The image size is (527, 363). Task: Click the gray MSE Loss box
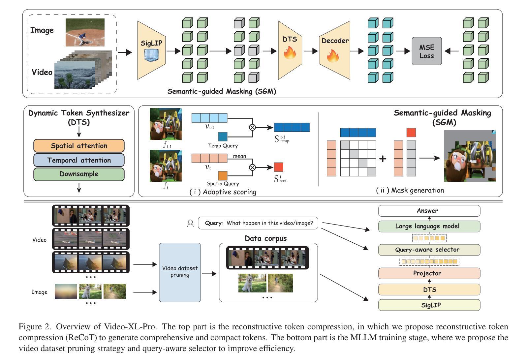(x=426, y=51)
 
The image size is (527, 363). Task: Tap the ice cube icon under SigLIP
(x=151, y=55)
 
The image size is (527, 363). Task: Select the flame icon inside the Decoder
(x=333, y=56)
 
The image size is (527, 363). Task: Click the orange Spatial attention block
(x=79, y=146)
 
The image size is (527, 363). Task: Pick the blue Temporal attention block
(x=79, y=160)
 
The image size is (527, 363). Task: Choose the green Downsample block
(x=79, y=174)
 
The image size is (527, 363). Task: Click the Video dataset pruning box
(x=180, y=272)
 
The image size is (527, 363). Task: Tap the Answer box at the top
(x=429, y=211)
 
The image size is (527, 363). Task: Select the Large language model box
(x=429, y=226)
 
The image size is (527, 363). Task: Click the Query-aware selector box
(x=429, y=250)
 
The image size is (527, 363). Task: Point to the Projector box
(x=429, y=273)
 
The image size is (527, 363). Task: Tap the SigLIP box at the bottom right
(x=429, y=305)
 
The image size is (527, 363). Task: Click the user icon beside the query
(x=190, y=223)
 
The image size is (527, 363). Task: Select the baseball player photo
(x=85, y=32)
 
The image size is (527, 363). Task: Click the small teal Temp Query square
(x=223, y=137)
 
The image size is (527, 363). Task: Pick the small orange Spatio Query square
(x=223, y=176)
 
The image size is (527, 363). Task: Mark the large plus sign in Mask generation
(x=383, y=159)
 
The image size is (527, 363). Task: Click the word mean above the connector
(x=239, y=156)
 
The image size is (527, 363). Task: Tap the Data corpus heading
(x=265, y=238)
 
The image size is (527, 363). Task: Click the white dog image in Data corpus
(x=252, y=283)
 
